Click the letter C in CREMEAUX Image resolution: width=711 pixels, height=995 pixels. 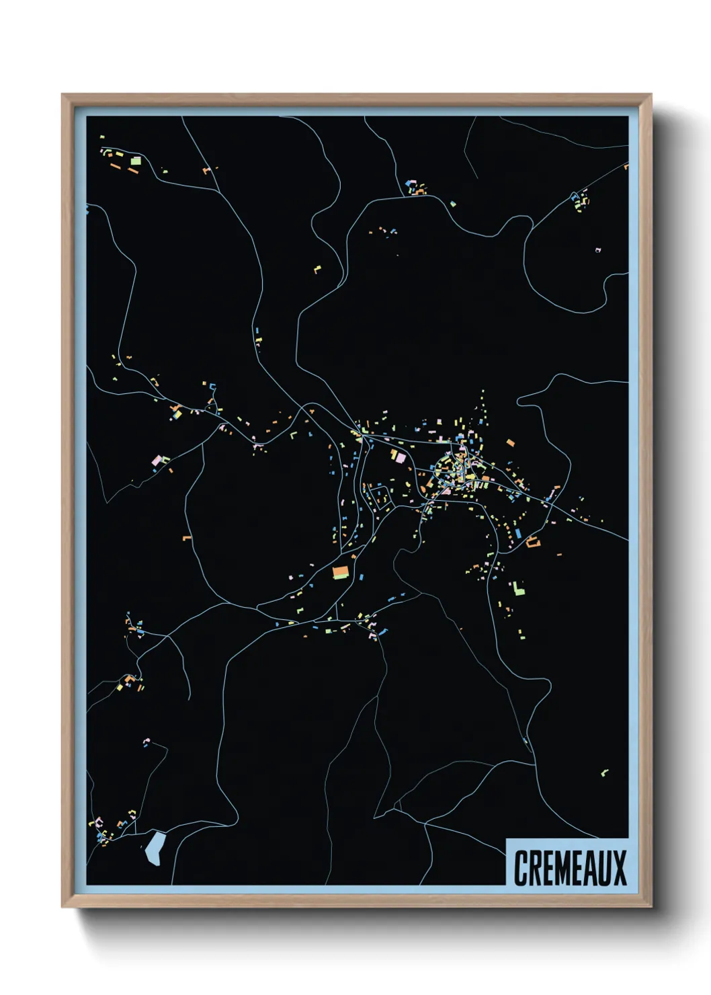pyautogui.click(x=521, y=868)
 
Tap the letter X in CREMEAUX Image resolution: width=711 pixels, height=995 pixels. pyautogui.click(x=620, y=868)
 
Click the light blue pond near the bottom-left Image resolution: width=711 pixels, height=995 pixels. pyautogui.click(x=155, y=848)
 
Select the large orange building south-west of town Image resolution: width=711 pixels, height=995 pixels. pyautogui.click(x=341, y=572)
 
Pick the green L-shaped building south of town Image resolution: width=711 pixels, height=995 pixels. pyautogui.click(x=517, y=589)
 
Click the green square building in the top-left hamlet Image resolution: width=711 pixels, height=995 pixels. pyautogui.click(x=136, y=161)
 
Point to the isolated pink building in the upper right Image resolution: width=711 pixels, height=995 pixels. pyautogui.click(x=597, y=251)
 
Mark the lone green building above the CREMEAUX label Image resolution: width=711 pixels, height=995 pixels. pyautogui.click(x=603, y=772)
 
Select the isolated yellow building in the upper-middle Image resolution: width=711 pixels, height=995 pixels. pyautogui.click(x=317, y=270)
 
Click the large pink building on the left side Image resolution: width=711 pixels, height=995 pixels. pyautogui.click(x=157, y=461)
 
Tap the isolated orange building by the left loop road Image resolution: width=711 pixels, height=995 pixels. pyautogui.click(x=187, y=538)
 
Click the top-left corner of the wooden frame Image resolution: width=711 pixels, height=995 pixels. pyautogui.click(x=62, y=95)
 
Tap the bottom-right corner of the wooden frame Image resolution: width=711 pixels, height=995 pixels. pyautogui.click(x=651, y=906)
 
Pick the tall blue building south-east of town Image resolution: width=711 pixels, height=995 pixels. pyautogui.click(x=518, y=533)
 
